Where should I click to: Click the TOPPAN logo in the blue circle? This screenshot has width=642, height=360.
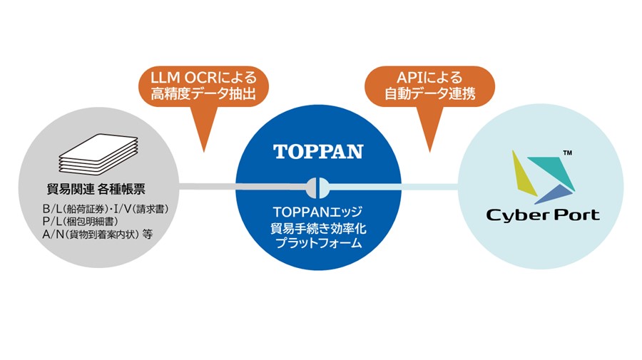click(x=318, y=152)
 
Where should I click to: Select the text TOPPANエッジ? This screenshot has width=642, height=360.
click(x=318, y=212)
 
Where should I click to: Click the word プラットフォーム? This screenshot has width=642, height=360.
click(x=318, y=243)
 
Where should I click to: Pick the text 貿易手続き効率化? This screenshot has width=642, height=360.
click(x=318, y=227)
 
